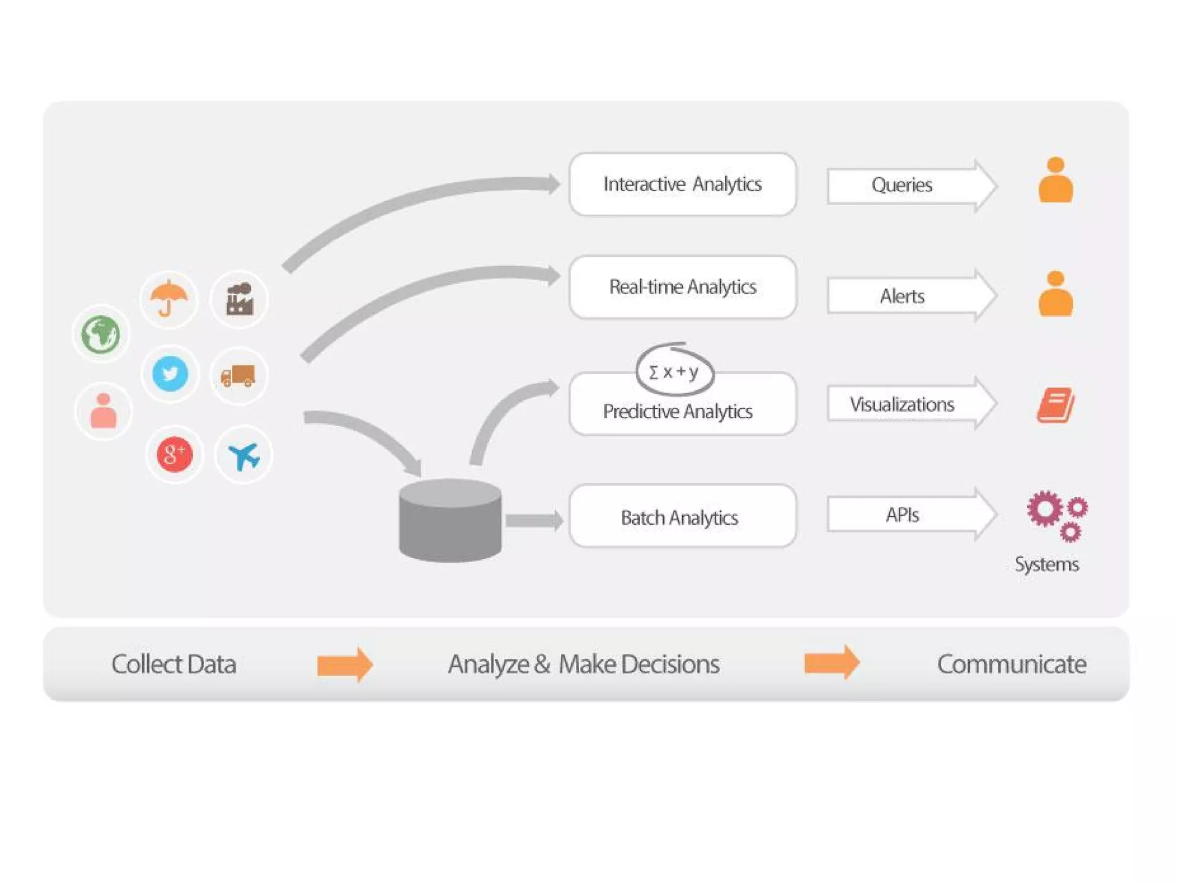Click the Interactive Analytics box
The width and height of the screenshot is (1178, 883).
682,184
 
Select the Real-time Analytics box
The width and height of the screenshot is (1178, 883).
682,287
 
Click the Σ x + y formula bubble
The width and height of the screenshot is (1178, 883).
674,371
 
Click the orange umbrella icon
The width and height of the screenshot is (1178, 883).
169,298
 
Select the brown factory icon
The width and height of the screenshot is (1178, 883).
239,299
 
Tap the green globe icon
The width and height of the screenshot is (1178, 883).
101,333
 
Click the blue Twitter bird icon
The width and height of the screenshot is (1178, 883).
170,374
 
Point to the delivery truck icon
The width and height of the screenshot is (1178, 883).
238,376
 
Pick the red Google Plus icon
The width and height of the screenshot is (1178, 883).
174,454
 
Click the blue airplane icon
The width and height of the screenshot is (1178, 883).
243,455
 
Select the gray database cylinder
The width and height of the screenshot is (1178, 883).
450,520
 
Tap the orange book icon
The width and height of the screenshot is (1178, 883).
1055,405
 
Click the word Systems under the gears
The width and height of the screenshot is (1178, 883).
1046,564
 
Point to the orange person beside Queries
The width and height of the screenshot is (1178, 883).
1055,181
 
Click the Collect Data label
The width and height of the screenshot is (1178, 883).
174,664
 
